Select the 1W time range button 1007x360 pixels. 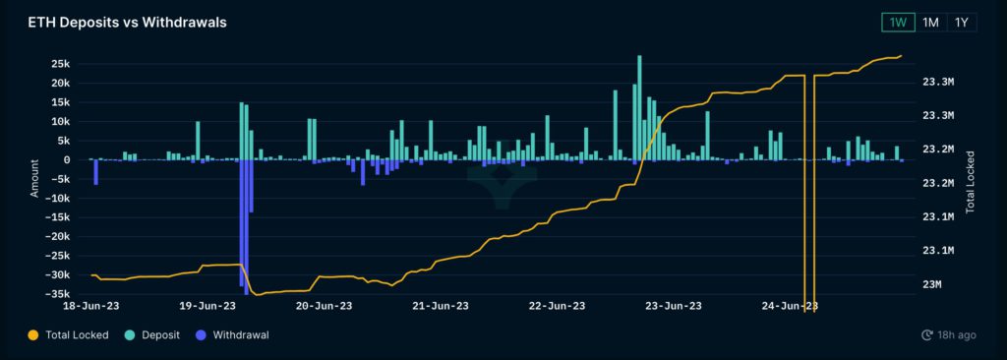pyautogui.click(x=897, y=22)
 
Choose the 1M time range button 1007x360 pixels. pyautogui.click(x=929, y=22)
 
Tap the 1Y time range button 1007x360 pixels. pyautogui.click(x=962, y=22)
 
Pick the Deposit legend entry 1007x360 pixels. pyautogui.click(x=159, y=334)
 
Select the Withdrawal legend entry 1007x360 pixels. pyautogui.click(x=240, y=334)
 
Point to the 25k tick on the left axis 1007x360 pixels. pyautogui.click(x=59, y=64)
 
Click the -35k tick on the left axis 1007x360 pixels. pyautogui.click(x=57, y=294)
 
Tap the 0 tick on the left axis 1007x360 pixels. pyautogui.click(x=66, y=160)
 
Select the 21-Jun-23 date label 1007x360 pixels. pyautogui.click(x=441, y=306)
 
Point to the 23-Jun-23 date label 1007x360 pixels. pyautogui.click(x=672, y=306)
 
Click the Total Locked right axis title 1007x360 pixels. pyautogui.click(x=970, y=182)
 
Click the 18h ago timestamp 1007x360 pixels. pyautogui.click(x=950, y=335)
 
